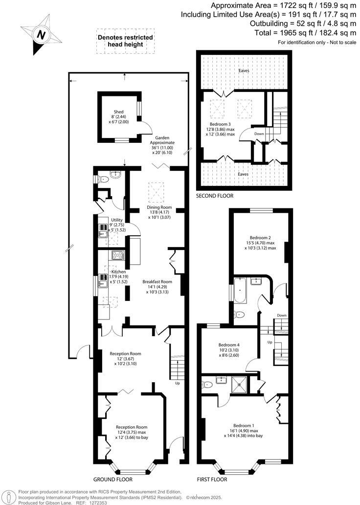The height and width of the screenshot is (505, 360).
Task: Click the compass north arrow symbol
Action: (x=41, y=34)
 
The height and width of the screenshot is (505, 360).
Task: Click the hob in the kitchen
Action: (x=118, y=255)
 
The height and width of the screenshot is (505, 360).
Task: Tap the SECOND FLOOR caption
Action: (x=215, y=196)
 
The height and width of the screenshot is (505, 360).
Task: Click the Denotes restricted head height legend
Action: (x=125, y=41)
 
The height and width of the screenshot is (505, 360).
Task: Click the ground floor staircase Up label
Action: (x=177, y=383)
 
